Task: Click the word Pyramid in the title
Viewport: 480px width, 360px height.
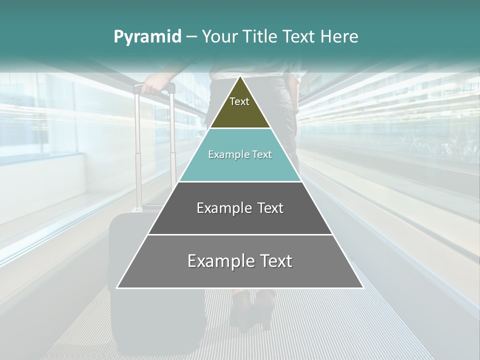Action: pyautogui.click(x=147, y=37)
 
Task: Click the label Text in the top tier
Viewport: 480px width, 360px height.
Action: pyautogui.click(x=239, y=101)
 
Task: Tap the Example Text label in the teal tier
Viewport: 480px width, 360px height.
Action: pyautogui.click(x=240, y=154)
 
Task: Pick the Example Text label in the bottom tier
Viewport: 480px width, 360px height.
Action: pyautogui.click(x=240, y=261)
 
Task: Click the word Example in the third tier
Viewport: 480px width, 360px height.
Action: pyautogui.click(x=218, y=208)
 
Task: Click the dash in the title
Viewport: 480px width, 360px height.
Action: pyautogui.click(x=191, y=37)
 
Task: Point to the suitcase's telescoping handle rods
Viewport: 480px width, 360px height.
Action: pyautogui.click(x=137, y=150)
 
